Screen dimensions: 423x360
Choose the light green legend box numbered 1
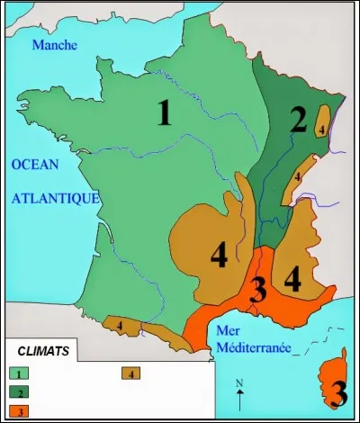[x=19, y=372]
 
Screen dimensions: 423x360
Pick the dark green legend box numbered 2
[x=19, y=391]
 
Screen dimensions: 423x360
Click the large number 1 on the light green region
[x=164, y=113]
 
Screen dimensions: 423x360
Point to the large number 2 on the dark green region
[x=299, y=120]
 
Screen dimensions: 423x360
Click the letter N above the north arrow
[x=239, y=384]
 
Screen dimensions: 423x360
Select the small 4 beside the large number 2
[x=321, y=129]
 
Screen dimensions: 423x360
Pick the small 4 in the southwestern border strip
[x=119, y=323]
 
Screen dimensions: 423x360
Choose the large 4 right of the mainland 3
[x=292, y=278]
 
